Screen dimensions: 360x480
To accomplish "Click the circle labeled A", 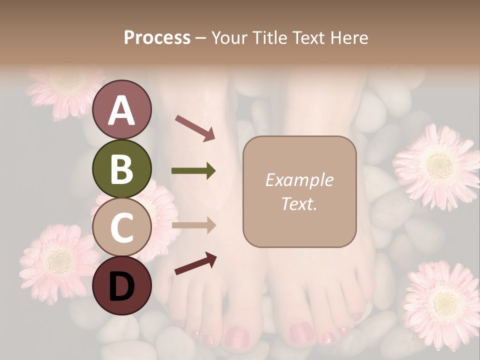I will pos(121,110).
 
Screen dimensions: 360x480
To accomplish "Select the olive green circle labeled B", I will pos(121,169).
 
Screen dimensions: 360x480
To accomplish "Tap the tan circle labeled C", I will pos(121,227).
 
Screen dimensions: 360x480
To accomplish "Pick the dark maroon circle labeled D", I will pos(121,285).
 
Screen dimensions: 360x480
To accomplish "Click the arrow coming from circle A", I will pos(195,127).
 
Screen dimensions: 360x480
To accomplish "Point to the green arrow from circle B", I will pos(193,171).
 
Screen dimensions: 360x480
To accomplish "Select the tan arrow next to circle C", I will pos(193,225).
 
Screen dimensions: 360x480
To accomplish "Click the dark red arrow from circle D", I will pos(195,263).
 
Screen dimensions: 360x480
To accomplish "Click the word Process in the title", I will pos(157,37).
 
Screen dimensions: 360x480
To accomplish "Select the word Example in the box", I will pos(299,180).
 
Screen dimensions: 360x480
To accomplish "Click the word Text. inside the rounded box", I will pos(299,204).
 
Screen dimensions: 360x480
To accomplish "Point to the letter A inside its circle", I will pos(121,110).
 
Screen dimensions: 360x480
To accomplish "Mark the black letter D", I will pos(121,286).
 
